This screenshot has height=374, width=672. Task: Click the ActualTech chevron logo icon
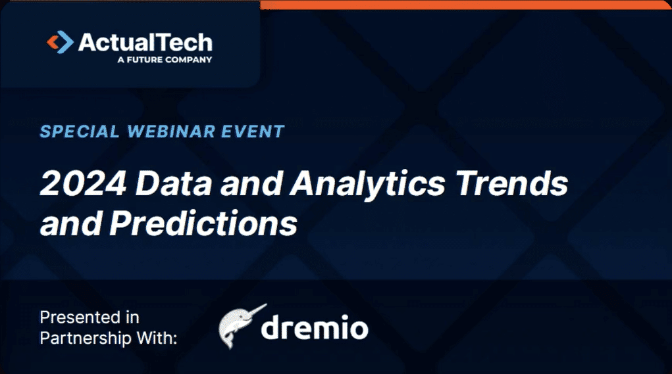[x=61, y=43]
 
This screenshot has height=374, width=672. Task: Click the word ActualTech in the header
[x=145, y=43]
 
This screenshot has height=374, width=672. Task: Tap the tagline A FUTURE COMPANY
[x=164, y=60]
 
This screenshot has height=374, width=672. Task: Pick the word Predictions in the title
[x=203, y=224]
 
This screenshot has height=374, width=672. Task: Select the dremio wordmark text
[x=314, y=328]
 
